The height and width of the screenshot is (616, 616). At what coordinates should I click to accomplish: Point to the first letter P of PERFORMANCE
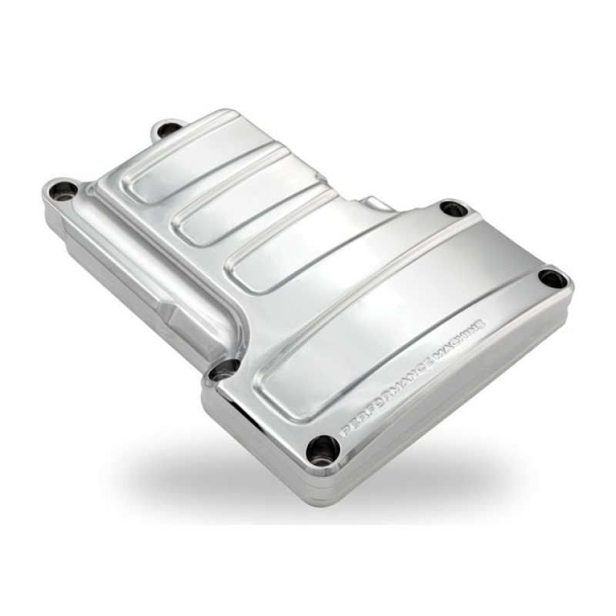pos(343,431)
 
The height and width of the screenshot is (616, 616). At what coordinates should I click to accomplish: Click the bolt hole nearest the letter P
pos(321,448)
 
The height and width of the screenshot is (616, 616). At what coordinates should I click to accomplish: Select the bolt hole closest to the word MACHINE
pos(553,277)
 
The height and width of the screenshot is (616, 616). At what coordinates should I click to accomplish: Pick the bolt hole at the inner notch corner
pos(223,370)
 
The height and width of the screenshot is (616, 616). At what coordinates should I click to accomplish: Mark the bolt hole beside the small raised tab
pos(453,208)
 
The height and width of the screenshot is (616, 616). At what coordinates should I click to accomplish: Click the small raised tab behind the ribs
pos(377,204)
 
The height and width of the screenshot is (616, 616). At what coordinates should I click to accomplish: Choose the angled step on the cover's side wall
pos(173,312)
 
